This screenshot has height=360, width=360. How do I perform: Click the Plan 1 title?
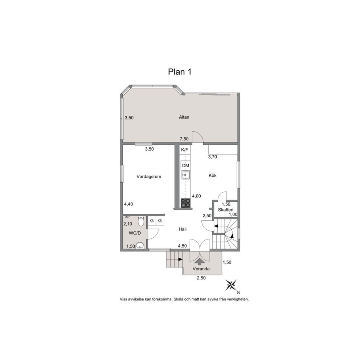(180, 72)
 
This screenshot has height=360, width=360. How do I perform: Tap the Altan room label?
(184, 117)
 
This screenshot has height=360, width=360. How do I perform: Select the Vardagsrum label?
(149, 177)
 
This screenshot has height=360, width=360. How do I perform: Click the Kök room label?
(213, 175)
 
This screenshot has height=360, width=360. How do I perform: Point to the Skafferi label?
(226, 210)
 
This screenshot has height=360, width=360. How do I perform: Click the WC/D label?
(135, 233)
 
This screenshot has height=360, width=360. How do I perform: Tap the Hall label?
(183, 229)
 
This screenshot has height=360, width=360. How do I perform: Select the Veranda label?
(201, 269)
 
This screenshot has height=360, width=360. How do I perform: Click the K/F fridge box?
(185, 150)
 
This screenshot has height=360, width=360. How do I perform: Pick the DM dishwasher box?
(185, 165)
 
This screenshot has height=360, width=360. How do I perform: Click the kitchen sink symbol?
(185, 175)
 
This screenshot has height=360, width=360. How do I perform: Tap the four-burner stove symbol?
(185, 203)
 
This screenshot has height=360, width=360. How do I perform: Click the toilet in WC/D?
(141, 221)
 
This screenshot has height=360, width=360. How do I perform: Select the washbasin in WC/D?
(140, 246)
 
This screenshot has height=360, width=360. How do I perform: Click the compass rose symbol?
(231, 285)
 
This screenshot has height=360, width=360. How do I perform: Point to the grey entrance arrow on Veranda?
(200, 262)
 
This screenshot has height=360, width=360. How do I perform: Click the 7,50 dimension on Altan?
(184, 139)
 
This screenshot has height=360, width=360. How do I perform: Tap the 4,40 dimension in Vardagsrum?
(128, 204)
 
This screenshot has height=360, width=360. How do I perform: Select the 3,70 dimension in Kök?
(213, 157)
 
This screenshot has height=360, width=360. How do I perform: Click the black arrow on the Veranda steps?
(180, 259)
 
